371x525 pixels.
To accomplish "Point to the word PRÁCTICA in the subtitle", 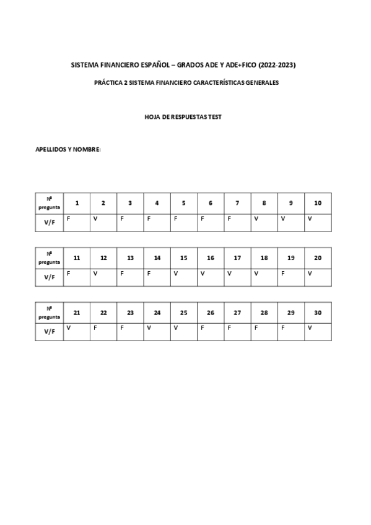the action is pos(107,82).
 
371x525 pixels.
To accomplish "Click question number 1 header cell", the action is pos(77,203).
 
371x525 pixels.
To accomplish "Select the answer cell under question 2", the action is pos(103,222).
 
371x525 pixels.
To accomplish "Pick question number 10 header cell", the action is pos(318,203).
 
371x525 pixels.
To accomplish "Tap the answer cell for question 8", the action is pos(264,222).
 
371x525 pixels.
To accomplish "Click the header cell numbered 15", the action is pos(184,258).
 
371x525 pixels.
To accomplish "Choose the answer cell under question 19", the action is pos(291,277).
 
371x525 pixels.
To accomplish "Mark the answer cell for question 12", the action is pos(103,277).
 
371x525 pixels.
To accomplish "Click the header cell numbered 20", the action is pos(318,258).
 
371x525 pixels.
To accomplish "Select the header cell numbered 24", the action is pos(157,313).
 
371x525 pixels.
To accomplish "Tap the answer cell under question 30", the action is pos(318,332).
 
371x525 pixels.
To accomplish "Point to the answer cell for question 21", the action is pos(77,332).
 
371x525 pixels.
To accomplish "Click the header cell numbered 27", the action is pos(238,313).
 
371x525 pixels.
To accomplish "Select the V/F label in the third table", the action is pos(50,332).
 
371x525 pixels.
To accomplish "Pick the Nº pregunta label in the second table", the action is pos(50,258).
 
